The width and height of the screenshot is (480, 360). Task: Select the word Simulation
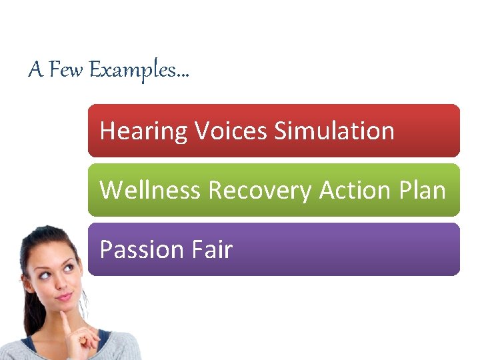click(x=334, y=131)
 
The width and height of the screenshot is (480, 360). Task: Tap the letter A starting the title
click(x=35, y=69)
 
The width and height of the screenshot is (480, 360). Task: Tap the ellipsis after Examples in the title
click(x=183, y=75)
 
